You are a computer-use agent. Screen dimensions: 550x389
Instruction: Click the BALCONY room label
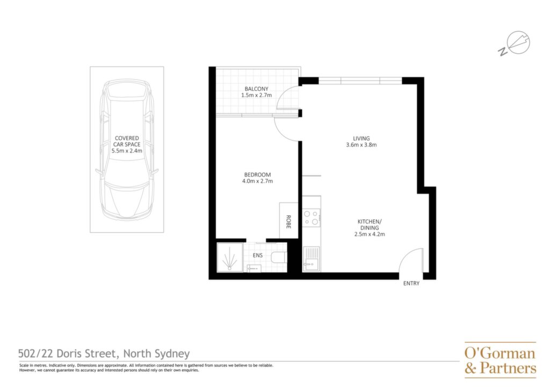coord(256,89)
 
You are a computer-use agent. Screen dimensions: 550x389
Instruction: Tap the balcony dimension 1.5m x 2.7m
coord(256,95)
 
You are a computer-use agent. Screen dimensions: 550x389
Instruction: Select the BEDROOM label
coord(257,175)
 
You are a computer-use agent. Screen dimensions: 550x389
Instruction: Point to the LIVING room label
coord(361,138)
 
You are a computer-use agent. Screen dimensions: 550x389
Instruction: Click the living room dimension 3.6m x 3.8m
coord(361,145)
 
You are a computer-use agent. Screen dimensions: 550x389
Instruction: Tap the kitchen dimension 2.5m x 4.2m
coord(370,234)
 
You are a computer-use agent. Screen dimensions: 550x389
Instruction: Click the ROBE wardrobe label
coord(288,222)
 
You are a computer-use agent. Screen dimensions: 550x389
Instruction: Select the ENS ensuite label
coord(257,255)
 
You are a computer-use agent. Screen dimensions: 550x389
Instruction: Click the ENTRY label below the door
coord(411,283)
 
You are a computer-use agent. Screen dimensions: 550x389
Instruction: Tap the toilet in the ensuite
coord(279,258)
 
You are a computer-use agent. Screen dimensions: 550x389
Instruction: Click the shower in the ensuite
coord(230,257)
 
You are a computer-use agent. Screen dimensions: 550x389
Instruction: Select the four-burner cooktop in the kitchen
coord(311,218)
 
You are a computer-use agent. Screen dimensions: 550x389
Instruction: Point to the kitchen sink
coord(311,259)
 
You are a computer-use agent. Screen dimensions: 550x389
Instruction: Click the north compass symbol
coord(515,44)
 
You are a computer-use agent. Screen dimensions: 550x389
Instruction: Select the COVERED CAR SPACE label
coord(127,141)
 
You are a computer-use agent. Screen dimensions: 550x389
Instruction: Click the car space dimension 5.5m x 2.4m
coord(127,151)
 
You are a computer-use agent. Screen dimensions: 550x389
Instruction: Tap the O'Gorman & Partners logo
coord(500,360)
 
